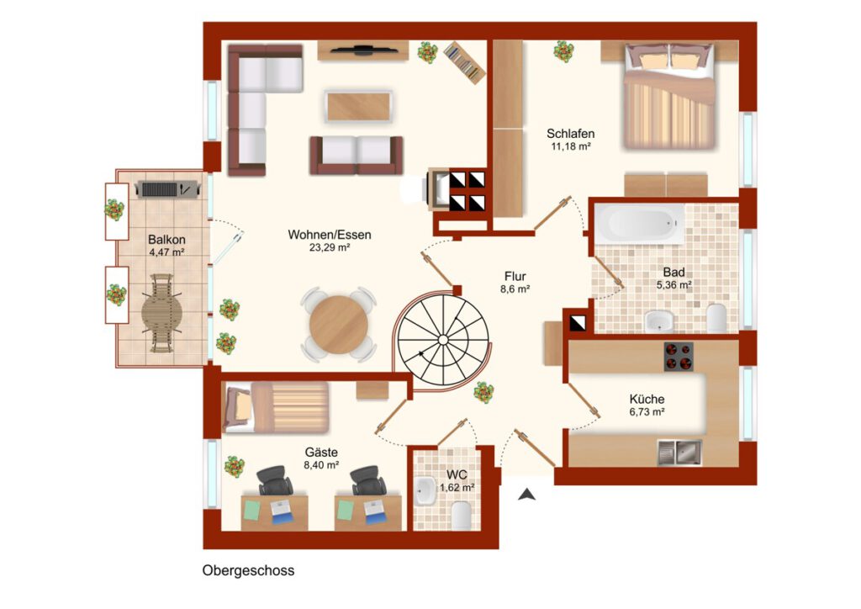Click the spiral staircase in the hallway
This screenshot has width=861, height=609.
pyautogui.click(x=442, y=341)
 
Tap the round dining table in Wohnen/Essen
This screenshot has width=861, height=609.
pyautogui.click(x=338, y=325)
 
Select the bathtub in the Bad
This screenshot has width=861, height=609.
pyautogui.click(x=640, y=224)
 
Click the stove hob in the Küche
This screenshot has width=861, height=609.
pyautogui.click(x=679, y=357)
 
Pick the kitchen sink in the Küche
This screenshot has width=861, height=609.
pyautogui.click(x=679, y=453)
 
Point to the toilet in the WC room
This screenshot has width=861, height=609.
pyautogui.click(x=461, y=516)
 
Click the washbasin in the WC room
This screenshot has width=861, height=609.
pyautogui.click(x=425, y=490)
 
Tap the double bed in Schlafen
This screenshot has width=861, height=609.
pyautogui.click(x=668, y=96)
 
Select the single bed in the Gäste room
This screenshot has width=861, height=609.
pyautogui.click(x=276, y=407)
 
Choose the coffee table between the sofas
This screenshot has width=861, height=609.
pyautogui.click(x=358, y=107)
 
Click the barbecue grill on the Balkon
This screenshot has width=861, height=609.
pyautogui.click(x=166, y=189)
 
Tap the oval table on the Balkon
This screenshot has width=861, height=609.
pyautogui.click(x=161, y=313)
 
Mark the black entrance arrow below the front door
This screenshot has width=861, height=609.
pyautogui.click(x=527, y=495)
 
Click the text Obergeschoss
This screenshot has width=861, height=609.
pyautogui.click(x=248, y=570)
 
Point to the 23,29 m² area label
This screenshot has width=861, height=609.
pyautogui.click(x=330, y=247)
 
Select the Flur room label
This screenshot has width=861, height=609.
pyautogui.click(x=515, y=276)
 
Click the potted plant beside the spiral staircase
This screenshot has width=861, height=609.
pyautogui.click(x=483, y=392)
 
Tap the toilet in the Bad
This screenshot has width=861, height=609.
pyautogui.click(x=716, y=318)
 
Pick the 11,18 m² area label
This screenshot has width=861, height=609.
pyautogui.click(x=571, y=146)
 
